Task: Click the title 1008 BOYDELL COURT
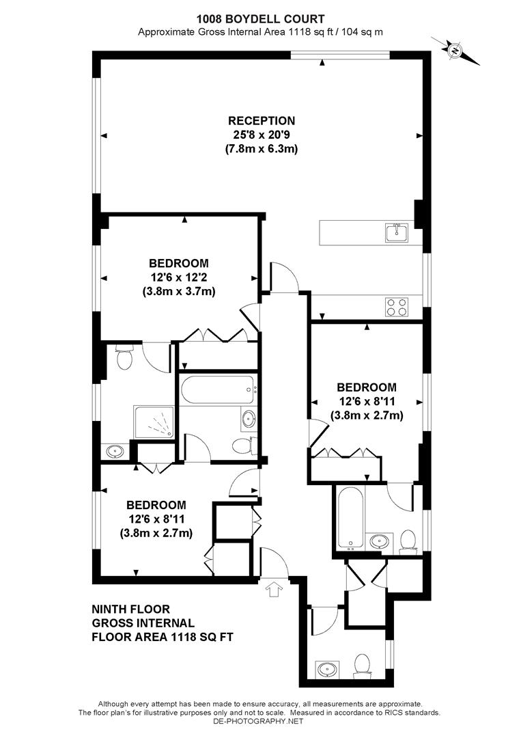[x=260, y=19]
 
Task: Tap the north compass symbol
[x=455, y=49]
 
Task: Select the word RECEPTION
[x=262, y=121]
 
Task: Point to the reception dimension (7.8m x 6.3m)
[x=262, y=148]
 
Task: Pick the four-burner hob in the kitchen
[x=397, y=307]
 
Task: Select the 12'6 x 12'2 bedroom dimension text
[x=178, y=277]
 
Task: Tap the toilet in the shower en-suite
[x=124, y=358]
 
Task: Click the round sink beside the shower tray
[x=117, y=452]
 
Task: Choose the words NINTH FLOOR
[x=130, y=609]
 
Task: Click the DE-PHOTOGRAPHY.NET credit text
[x=260, y=721]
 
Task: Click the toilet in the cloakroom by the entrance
[x=362, y=662]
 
